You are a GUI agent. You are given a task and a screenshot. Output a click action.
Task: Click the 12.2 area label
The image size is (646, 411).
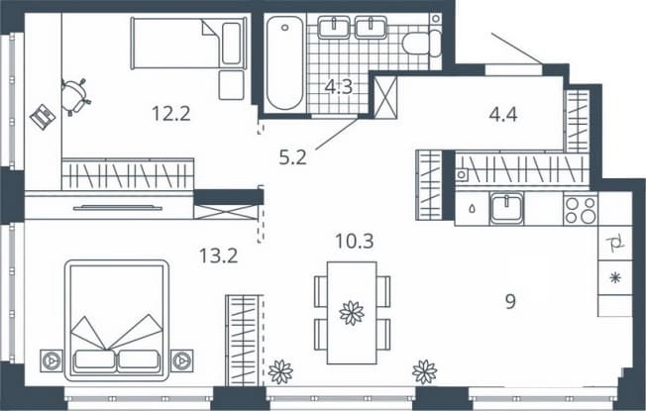click(x=171, y=114)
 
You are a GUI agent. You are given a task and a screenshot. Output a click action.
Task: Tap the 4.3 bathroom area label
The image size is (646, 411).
click(x=339, y=87)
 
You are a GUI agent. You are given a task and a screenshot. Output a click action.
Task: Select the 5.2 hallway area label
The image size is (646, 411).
click(x=292, y=157)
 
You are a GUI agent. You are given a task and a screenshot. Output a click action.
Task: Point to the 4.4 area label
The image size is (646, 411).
click(x=503, y=115)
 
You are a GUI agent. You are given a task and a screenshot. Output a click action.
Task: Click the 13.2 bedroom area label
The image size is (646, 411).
click(x=218, y=256)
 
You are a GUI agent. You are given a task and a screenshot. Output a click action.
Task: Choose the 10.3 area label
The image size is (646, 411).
click(x=355, y=241)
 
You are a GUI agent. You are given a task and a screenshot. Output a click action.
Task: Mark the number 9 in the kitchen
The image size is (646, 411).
click(x=510, y=301)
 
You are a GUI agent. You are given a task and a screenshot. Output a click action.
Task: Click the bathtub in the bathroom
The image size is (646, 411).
click(x=284, y=62)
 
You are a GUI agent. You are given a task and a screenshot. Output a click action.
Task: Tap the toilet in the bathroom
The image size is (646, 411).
click(x=422, y=43)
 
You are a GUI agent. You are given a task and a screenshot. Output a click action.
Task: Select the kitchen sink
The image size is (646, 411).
click(x=506, y=208)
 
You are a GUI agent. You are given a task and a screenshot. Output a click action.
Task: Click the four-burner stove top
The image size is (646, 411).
click(x=581, y=210)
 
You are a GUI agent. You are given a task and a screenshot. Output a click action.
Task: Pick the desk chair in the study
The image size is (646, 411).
click(x=75, y=97)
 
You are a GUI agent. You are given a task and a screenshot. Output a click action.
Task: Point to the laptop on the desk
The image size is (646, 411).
click(x=43, y=117)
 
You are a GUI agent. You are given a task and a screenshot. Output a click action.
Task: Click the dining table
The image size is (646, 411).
click(x=352, y=313)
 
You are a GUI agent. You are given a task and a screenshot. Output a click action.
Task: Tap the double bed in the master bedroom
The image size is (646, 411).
click(x=117, y=321)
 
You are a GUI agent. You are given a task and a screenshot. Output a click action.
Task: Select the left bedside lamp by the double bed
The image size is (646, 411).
click(x=52, y=360)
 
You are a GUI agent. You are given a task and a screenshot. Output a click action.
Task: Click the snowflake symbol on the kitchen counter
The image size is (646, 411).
click(x=615, y=278)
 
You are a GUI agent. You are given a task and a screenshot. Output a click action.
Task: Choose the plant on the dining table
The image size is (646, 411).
click(x=352, y=313)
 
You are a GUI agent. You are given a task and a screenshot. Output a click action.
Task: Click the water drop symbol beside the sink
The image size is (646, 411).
click(x=472, y=208)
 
